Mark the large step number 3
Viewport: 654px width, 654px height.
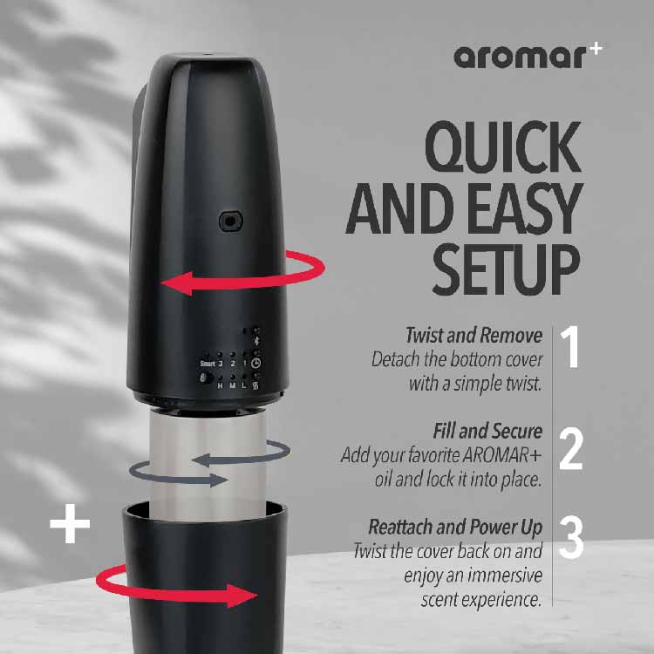click(571, 540)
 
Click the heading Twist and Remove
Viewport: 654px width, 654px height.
click(473, 336)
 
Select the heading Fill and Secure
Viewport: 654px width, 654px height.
click(487, 432)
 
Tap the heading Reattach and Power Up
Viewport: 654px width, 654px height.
click(455, 528)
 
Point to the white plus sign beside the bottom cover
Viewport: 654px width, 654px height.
click(71, 528)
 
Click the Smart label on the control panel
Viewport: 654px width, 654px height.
click(207, 364)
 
